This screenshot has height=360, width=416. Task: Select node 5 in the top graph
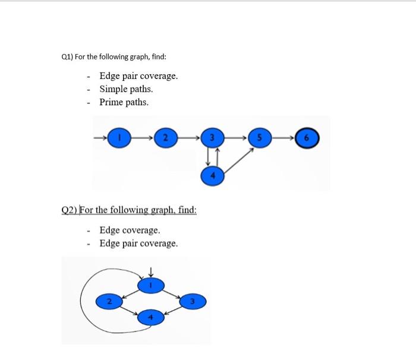(259, 138)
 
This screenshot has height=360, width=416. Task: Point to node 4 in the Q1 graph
(212, 176)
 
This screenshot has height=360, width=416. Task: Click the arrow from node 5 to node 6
(283, 138)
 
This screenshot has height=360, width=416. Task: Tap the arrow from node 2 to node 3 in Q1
(188, 138)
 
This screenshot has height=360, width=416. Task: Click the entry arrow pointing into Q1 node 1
(100, 138)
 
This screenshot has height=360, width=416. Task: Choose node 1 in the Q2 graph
(150, 286)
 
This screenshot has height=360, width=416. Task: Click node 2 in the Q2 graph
(108, 302)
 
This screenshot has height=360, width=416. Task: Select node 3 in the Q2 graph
(192, 302)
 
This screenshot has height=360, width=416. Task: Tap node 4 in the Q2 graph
(150, 318)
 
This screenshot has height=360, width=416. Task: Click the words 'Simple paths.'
(126, 89)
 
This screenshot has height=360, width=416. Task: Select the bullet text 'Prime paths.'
(124, 102)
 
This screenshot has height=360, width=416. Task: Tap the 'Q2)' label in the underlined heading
(70, 210)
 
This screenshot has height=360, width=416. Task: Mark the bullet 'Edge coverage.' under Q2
(130, 230)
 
